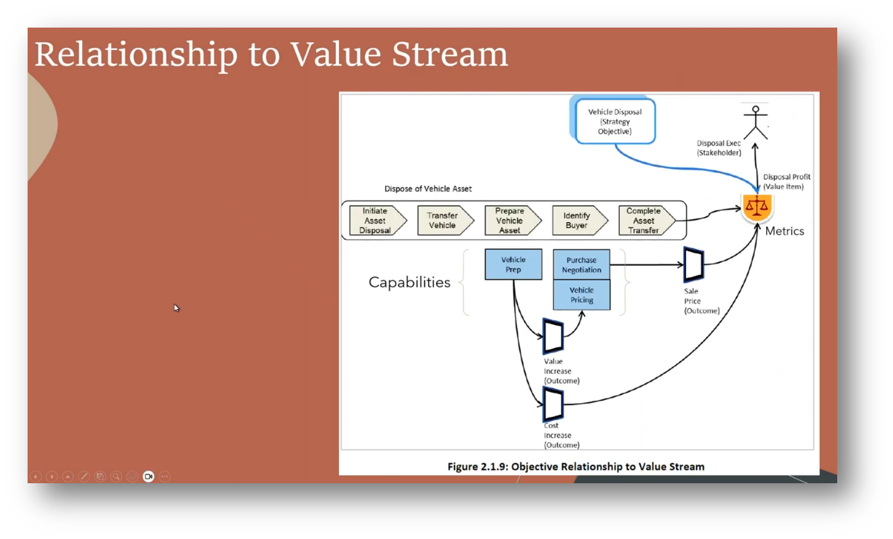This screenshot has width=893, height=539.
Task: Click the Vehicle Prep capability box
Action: point(513,264)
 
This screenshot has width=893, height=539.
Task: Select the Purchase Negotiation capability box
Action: point(581,265)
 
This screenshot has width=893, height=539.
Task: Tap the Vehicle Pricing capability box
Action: point(581,295)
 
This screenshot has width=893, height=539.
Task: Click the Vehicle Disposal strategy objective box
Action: point(615,122)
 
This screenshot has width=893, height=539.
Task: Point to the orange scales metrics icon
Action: point(756,207)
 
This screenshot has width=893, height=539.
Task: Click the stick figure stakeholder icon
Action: point(756,122)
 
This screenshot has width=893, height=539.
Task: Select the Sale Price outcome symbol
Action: point(693,265)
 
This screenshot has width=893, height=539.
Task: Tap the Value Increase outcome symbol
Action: point(553,336)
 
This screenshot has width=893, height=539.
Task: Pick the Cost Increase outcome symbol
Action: point(553,405)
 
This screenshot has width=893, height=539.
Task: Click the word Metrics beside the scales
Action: point(784,231)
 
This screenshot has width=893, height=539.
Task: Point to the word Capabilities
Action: point(409,282)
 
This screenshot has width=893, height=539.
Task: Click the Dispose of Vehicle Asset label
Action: point(428,189)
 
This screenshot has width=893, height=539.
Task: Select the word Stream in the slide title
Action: point(450,55)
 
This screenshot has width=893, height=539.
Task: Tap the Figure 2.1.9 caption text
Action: point(575,467)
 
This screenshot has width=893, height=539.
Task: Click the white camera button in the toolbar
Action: point(149,476)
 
